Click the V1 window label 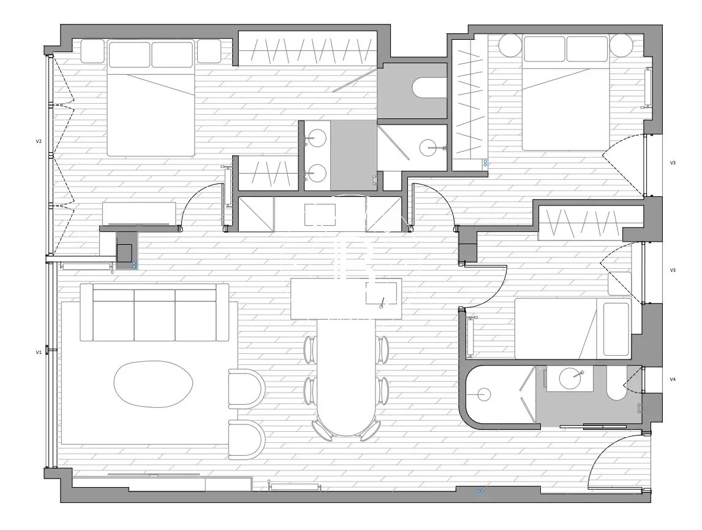point(39,353)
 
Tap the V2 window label point(39,141)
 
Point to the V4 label point(673,379)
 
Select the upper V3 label point(673,163)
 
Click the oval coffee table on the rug point(154,384)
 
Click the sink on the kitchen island point(381,293)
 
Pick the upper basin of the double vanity point(317,137)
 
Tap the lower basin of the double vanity point(317,172)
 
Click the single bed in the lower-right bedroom point(573,329)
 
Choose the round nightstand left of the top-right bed point(511,45)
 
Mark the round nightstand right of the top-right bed point(621,45)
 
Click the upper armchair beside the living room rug point(247,389)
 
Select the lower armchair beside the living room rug point(247,440)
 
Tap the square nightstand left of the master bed point(92,51)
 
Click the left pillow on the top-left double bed point(129,55)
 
